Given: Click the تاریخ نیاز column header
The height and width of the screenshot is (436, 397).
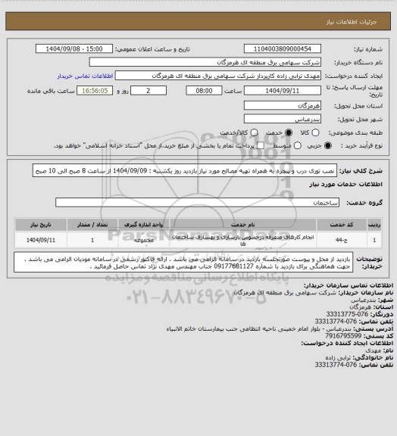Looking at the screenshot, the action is (x=42, y=223).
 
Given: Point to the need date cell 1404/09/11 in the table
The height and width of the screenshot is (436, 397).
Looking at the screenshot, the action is (x=42, y=239).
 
